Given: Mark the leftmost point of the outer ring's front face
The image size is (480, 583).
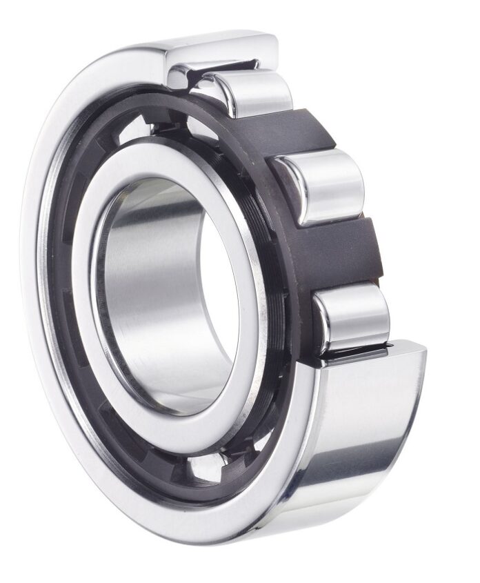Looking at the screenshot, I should click(x=31, y=290).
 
